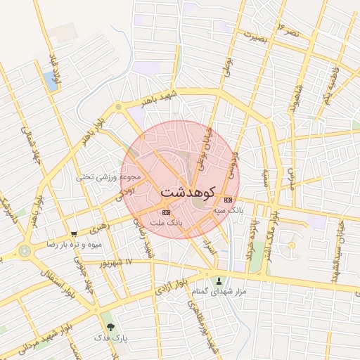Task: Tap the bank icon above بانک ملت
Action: (x=166, y=212)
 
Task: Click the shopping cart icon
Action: (x=74, y=234)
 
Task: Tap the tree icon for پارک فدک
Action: (x=109, y=327)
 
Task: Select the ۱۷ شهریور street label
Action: (x=115, y=262)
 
